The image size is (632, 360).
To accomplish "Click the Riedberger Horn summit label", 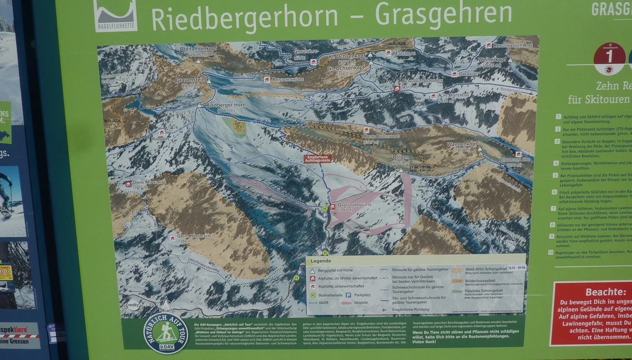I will coord(219,105).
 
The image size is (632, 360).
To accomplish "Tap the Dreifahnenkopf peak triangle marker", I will coord(199,61).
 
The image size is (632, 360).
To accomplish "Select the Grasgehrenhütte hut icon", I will coord(332,206).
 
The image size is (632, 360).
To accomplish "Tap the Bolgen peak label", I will coord(401,157).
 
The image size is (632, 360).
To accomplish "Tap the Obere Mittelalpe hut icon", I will coord(127,184).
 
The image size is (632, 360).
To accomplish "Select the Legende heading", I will coord(321,261).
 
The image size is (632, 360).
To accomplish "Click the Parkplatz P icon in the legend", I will coord(348,295).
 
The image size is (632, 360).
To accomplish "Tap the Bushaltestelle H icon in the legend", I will coord(312,295).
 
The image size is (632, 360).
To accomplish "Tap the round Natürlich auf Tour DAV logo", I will coord(166,333).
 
